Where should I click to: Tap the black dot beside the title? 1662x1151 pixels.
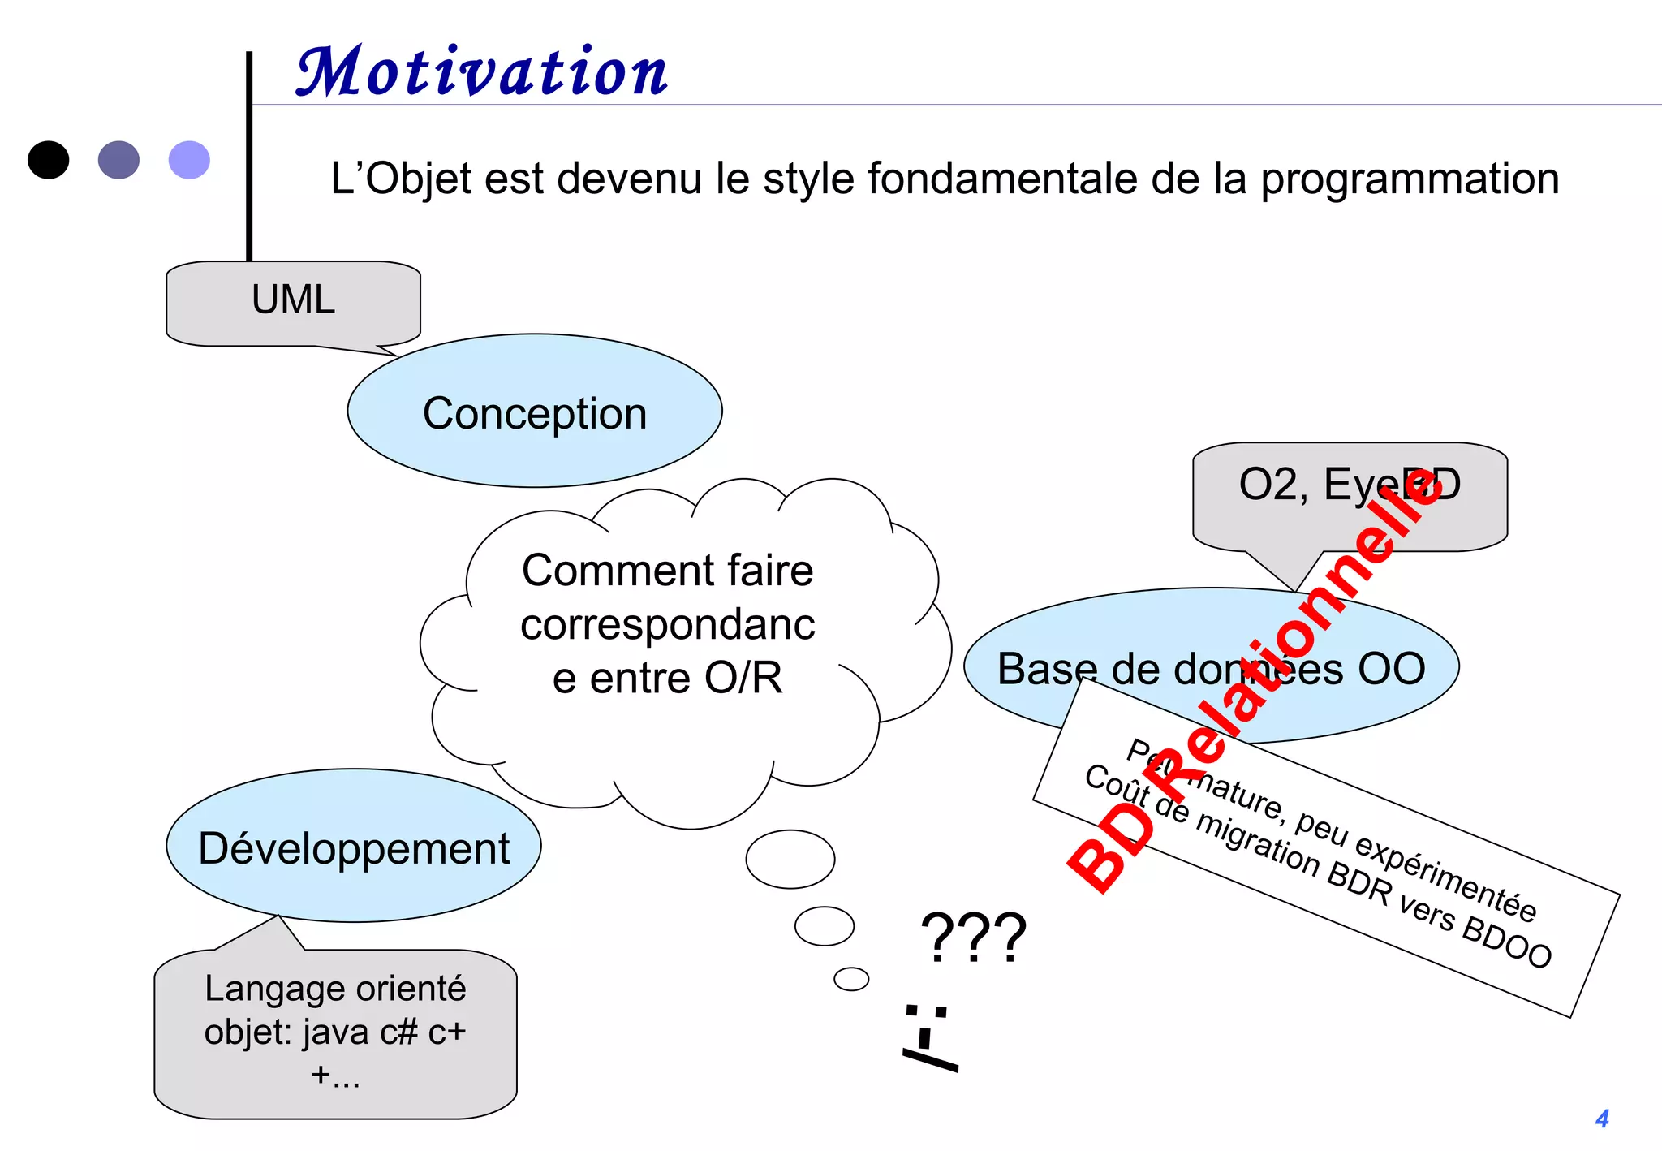click(49, 160)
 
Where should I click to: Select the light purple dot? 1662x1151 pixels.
click(189, 160)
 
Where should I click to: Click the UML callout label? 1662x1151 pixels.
click(293, 300)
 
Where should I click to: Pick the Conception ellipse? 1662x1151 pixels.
click(535, 412)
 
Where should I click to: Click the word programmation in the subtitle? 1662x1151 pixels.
click(1409, 179)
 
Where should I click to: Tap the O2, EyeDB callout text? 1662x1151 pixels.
click(1349, 485)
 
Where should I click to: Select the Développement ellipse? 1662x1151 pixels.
click(354, 847)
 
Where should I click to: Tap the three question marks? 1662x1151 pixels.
click(973, 938)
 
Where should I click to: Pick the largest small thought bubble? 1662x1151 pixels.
click(790, 859)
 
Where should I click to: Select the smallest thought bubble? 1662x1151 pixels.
click(851, 979)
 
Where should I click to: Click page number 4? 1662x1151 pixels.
click(1601, 1119)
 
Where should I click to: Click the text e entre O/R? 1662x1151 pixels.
click(667, 678)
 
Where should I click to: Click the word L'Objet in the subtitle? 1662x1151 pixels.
click(401, 179)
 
